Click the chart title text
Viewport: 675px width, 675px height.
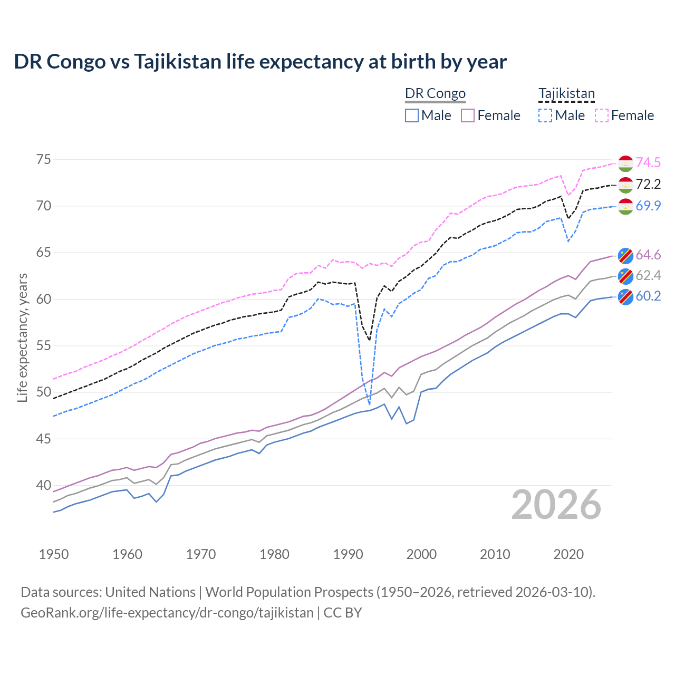[x=260, y=62]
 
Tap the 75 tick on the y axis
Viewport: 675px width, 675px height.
[x=44, y=159]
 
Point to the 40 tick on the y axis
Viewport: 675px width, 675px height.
[x=44, y=485]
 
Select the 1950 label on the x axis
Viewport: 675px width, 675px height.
[x=54, y=554]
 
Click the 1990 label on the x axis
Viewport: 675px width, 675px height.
[x=348, y=554]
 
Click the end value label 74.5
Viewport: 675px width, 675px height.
[x=648, y=163]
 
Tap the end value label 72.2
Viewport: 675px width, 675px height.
[x=648, y=184]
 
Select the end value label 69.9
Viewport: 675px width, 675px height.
[x=648, y=206]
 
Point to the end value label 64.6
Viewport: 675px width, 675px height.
[x=648, y=255]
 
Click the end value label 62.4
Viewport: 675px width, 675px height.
[x=648, y=275]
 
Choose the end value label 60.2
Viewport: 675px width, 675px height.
[x=648, y=296]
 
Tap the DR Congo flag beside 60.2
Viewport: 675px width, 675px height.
[x=625, y=297]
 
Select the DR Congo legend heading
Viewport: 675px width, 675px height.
[x=435, y=93]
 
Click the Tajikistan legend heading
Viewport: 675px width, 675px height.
[x=566, y=93]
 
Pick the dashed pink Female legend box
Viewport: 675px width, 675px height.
[x=601, y=115]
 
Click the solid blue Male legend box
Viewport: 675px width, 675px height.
[x=412, y=115]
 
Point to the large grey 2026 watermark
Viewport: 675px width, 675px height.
[x=556, y=505]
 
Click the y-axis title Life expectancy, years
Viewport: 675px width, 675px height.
[x=22, y=337]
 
